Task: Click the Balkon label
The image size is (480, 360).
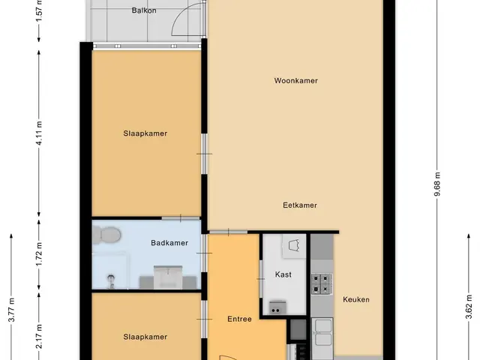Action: (x=144, y=10)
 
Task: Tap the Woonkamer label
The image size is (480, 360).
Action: (x=295, y=80)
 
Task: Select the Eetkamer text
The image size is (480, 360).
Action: (x=300, y=205)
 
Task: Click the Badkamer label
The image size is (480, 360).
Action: (x=169, y=243)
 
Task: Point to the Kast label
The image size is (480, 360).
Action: (x=283, y=274)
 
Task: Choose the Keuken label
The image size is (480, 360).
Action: (x=356, y=299)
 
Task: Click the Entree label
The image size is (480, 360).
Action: (x=239, y=319)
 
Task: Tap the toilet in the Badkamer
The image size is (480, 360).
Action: (x=106, y=235)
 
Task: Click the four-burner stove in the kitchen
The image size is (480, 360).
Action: (x=322, y=283)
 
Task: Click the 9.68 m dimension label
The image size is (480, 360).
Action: (x=438, y=184)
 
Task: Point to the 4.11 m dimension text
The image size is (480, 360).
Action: (x=39, y=133)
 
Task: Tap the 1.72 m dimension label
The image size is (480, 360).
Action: (x=39, y=254)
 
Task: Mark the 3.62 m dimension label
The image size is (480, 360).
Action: (x=469, y=307)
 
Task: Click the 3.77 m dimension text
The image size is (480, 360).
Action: (x=11, y=310)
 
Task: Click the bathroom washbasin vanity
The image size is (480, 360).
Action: (x=168, y=277)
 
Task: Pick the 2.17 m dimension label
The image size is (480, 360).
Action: (x=39, y=337)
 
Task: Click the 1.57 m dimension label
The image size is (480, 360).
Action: (x=39, y=11)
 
